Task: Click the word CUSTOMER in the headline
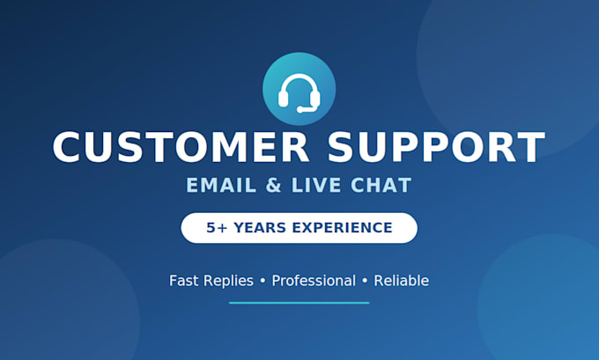coord(181,147)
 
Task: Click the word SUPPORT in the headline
coord(437,147)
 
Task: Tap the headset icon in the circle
coord(299,93)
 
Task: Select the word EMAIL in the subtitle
coord(221,186)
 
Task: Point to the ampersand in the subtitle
coord(274,186)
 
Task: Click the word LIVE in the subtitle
coord(316,186)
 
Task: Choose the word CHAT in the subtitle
coord(381,186)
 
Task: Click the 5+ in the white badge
coord(217,228)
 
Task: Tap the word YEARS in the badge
coord(260,228)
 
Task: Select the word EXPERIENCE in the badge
coord(343,228)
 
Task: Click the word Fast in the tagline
coord(184,281)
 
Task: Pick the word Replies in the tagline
coord(228,282)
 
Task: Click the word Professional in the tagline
coord(314,281)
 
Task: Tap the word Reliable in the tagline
coord(401,281)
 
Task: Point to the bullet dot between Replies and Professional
coord(263,281)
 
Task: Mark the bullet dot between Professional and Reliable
coord(365,281)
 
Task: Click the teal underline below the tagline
coord(299,303)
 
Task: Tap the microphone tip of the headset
coord(300,110)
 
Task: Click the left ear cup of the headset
coord(283,98)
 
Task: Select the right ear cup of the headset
coord(315,98)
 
